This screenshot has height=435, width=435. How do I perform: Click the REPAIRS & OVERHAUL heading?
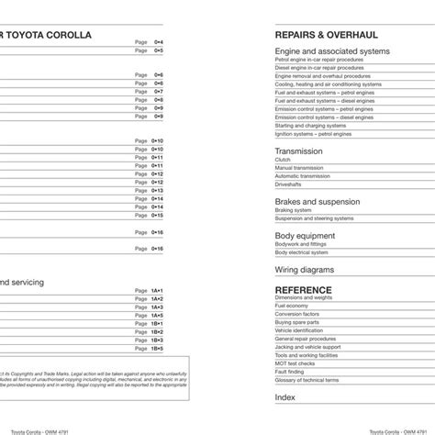pos(318,34)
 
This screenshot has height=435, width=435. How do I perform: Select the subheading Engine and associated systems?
pos(332,51)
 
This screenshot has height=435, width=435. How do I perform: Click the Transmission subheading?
pos(298,151)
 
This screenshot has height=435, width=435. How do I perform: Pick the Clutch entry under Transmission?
pos(282,160)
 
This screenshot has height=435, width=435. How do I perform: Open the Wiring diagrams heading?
pos(307,271)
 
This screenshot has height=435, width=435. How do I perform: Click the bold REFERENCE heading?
pos(304,288)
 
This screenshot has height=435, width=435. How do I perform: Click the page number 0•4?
pos(158,42)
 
